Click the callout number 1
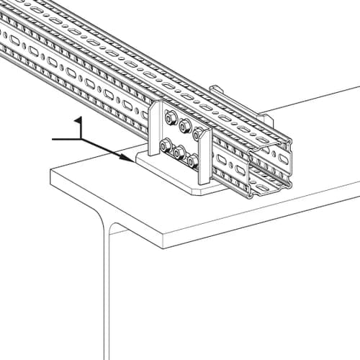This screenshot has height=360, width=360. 79,127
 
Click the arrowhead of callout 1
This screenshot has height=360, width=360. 127,158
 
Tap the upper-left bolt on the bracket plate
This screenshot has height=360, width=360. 171,118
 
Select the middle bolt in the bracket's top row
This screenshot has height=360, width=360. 185,125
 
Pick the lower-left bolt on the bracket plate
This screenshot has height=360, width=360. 165,145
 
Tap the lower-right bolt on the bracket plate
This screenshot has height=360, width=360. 192,161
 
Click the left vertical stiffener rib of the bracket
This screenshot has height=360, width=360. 154,128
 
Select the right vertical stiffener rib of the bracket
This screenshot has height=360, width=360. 204,156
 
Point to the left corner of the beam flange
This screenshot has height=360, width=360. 50,169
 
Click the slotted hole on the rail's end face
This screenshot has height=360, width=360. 284,158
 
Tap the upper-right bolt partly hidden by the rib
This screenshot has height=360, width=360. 197,134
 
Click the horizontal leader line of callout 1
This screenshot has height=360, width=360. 66,139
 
